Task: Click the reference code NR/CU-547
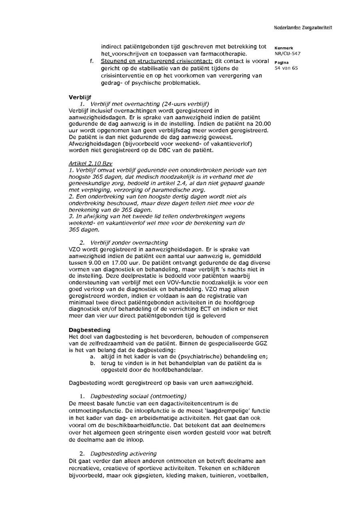tap(288, 54)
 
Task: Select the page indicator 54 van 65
tap(286, 68)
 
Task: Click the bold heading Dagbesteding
tap(90, 330)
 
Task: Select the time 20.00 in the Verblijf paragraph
tap(262, 124)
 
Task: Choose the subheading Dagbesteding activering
tap(123, 453)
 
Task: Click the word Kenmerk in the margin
tap(284, 48)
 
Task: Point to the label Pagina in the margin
tap(282, 62)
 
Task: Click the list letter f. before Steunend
tap(92, 61)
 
